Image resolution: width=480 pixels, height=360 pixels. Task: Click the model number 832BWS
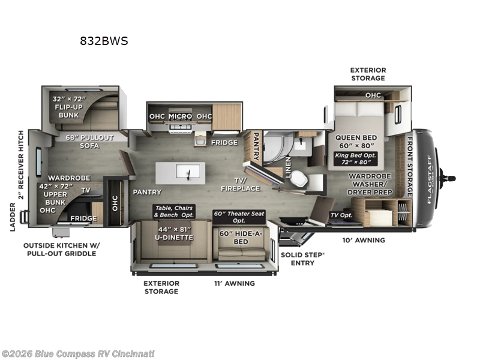click(104, 41)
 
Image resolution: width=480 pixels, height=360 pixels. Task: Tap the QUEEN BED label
click(356, 137)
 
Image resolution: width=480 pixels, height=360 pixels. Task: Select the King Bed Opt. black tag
click(355, 158)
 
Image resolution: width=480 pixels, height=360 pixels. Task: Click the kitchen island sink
click(188, 172)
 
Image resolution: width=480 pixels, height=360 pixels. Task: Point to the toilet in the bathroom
click(299, 178)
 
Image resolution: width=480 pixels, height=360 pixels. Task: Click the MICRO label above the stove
click(180, 116)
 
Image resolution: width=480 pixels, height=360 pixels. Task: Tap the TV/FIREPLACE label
click(241, 184)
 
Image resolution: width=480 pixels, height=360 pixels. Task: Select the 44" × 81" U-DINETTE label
click(174, 233)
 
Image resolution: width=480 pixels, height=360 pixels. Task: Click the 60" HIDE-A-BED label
click(241, 238)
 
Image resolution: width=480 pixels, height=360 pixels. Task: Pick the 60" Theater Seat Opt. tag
click(239, 217)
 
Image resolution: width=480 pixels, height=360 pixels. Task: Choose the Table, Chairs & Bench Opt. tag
click(174, 212)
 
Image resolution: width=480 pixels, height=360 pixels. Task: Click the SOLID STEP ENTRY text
click(302, 259)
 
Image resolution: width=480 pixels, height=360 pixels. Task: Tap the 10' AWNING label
click(364, 240)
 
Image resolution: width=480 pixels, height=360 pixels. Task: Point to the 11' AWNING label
click(235, 283)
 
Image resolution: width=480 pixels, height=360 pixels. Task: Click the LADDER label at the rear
click(12, 217)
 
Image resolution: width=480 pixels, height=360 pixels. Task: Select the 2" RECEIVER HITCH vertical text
click(21, 164)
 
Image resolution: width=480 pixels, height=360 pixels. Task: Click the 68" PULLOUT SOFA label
click(89, 142)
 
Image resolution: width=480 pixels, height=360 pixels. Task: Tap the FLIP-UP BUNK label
click(69, 111)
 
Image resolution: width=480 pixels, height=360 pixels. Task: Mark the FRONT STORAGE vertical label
click(409, 167)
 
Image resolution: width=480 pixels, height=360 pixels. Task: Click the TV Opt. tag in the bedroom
click(341, 215)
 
